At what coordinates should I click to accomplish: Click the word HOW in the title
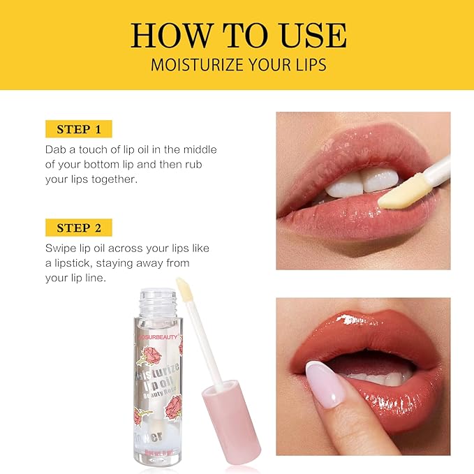click(x=169, y=36)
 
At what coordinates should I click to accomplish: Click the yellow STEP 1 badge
click(x=78, y=129)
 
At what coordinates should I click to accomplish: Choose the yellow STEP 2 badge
click(x=78, y=228)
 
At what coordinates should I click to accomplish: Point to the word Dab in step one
click(x=57, y=150)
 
